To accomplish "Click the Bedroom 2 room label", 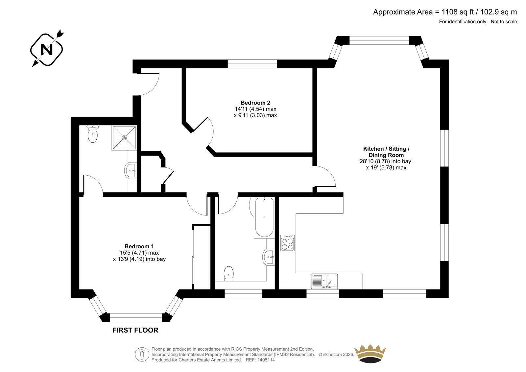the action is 255,103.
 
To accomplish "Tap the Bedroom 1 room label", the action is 139,246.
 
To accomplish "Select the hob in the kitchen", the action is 287,243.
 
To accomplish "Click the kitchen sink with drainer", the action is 324,281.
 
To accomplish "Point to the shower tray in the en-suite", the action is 124,138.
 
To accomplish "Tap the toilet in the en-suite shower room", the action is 92,134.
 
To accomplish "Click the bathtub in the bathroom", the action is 264,217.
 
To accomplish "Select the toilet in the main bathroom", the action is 228,273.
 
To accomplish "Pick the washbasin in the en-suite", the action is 131,171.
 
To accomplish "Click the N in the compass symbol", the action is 46,50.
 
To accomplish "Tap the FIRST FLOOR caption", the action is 135,330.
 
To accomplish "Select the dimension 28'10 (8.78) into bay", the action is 385,161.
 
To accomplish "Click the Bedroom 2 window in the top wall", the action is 252,64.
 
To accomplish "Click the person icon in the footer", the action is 142,354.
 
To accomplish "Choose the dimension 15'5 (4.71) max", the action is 139,253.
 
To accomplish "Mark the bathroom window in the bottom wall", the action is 244,293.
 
